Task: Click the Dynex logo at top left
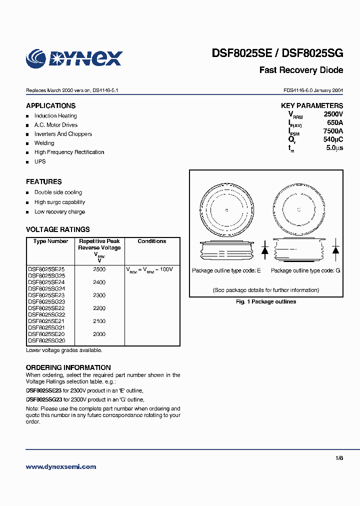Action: tap(74, 58)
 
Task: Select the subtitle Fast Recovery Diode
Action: tap(301, 70)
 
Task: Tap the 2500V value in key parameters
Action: tap(333, 114)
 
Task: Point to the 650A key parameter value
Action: tap(334, 122)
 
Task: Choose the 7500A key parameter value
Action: tap(333, 131)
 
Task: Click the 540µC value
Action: tap(333, 139)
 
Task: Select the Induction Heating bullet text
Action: tap(55, 116)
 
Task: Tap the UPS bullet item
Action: tap(40, 161)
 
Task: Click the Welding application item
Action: tap(44, 143)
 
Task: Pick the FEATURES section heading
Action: tap(44, 182)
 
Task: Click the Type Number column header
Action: tap(50, 241)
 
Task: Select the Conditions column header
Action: tap(152, 241)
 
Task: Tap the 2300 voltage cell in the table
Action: tap(99, 295)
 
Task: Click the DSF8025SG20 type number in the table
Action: tap(46, 340)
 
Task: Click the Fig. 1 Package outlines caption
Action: tap(266, 302)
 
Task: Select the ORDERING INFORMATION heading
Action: tap(68, 367)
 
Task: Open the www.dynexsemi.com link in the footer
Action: tap(61, 467)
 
